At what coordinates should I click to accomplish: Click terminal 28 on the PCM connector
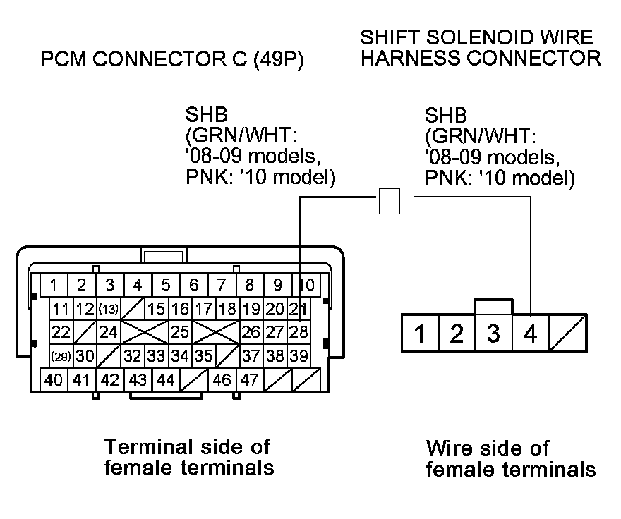pyautogui.click(x=299, y=332)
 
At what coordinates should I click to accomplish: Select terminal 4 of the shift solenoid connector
pyautogui.click(x=530, y=332)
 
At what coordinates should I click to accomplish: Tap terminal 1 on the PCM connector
pyautogui.click(x=54, y=286)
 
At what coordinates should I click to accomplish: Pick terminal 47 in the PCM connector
pyautogui.click(x=248, y=380)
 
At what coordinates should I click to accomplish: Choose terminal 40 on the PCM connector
pyautogui.click(x=54, y=380)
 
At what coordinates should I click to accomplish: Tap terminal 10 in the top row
pyautogui.click(x=306, y=286)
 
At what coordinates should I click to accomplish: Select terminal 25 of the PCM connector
pyautogui.click(x=179, y=332)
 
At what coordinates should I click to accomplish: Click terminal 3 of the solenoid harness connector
pyautogui.click(x=493, y=332)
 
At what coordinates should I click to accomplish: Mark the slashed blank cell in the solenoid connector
pyautogui.click(x=567, y=332)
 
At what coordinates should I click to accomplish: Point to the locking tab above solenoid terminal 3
pyautogui.click(x=494, y=306)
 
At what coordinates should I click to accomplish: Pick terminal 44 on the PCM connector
pyautogui.click(x=165, y=380)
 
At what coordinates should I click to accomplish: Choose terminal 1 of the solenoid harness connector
pyautogui.click(x=420, y=332)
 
